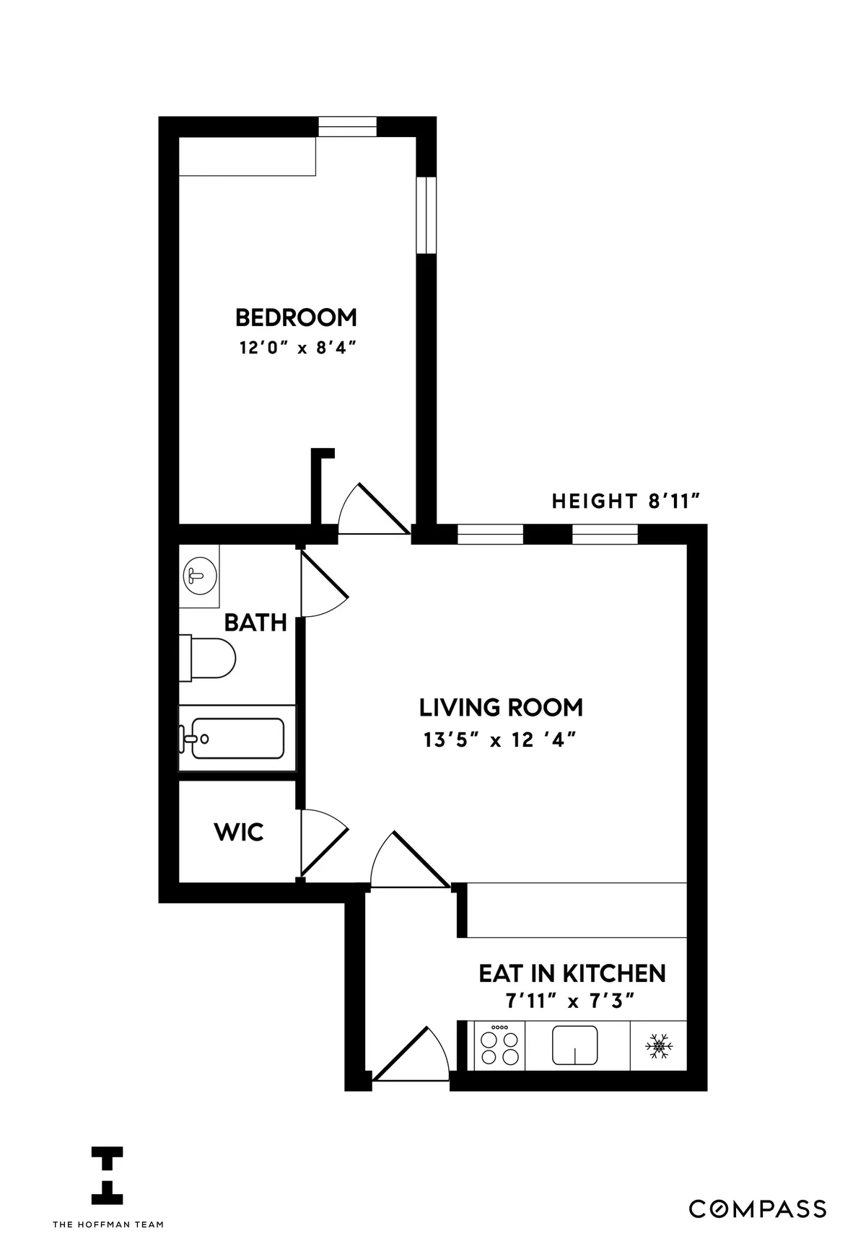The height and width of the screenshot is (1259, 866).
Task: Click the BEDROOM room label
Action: coord(296,317)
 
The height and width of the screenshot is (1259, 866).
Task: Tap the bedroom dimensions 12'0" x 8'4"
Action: coord(299,348)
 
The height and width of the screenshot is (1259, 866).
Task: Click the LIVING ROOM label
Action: coord(501,707)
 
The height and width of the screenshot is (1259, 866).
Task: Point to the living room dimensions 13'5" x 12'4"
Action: coord(500,740)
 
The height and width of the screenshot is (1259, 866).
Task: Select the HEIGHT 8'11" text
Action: coord(627,501)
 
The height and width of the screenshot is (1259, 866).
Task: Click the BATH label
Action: coord(255,622)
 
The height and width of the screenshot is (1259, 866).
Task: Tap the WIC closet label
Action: coord(239,832)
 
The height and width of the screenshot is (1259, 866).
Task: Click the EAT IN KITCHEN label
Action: coord(572,973)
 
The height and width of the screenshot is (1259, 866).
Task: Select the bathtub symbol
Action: coord(236,738)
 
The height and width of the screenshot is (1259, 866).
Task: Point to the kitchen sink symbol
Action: coord(574,1045)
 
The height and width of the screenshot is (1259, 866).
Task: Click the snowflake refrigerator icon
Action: coord(658,1046)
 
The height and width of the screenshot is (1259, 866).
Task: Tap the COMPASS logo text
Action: coord(757,1208)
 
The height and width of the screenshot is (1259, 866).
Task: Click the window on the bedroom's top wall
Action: coord(347,126)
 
